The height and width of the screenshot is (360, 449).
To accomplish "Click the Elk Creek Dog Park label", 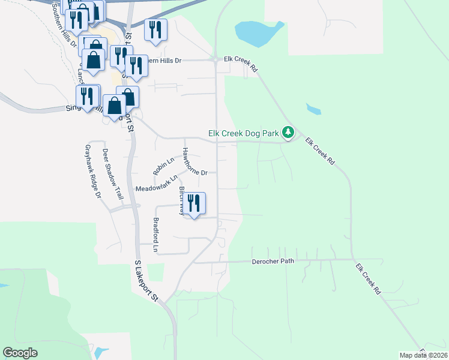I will click(x=244, y=133).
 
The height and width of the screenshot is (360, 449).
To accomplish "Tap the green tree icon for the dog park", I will click(x=288, y=131).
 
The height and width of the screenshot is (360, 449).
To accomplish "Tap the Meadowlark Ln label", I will click(x=157, y=184).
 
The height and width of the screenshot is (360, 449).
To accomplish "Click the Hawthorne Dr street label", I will click(x=194, y=161).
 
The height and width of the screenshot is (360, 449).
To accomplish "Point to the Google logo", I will click(x=20, y=353).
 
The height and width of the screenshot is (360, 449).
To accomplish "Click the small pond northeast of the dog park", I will click(x=313, y=109).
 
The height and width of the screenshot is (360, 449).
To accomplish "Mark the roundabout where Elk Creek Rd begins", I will click(x=215, y=60).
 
